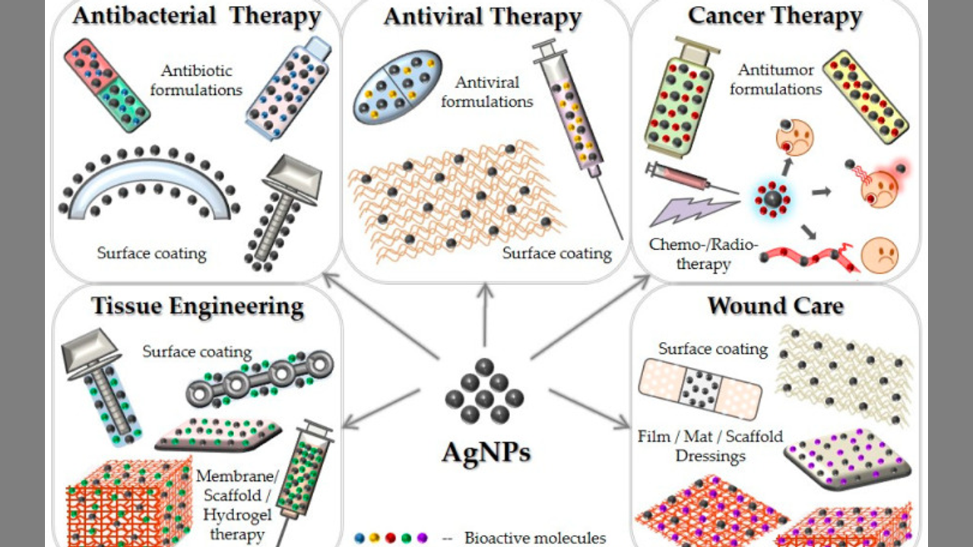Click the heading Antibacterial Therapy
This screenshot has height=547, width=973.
click(x=196, y=16)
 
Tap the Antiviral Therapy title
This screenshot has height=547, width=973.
click(x=483, y=17)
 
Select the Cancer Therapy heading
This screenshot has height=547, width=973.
click(x=775, y=15)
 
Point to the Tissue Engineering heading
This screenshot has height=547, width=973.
click(x=197, y=306)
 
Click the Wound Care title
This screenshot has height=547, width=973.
click(x=775, y=305)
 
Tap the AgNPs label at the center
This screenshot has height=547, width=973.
click(x=486, y=452)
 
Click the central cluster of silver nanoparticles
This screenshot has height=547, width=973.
click(x=484, y=391)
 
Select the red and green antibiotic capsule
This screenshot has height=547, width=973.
click(x=106, y=85)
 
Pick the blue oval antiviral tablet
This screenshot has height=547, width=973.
click(x=398, y=87)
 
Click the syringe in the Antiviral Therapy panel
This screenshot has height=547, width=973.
click(x=574, y=114)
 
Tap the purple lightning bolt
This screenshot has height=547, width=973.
click(x=694, y=210)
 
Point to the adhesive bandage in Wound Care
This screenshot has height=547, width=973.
click(x=699, y=389)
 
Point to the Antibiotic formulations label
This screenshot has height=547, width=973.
click(x=196, y=80)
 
